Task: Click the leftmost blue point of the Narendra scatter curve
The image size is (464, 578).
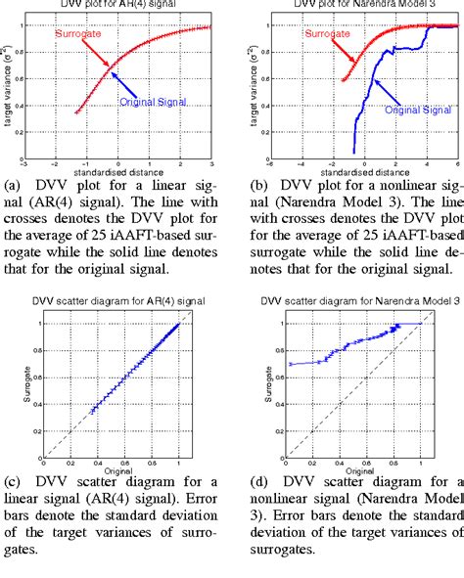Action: click(x=290, y=364)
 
